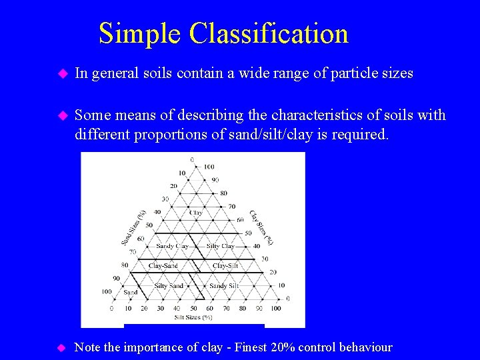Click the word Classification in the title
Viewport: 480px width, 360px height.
tap(268, 33)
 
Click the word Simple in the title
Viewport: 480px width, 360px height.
tap(140, 33)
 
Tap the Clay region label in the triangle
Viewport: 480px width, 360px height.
tap(196, 213)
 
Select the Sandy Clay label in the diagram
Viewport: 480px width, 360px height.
tap(172, 246)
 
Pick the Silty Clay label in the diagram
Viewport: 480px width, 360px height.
tap(221, 246)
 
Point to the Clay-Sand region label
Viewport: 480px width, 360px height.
tap(163, 266)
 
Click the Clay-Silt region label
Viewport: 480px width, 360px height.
tap(225, 266)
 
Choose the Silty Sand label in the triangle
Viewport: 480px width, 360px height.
tap(169, 286)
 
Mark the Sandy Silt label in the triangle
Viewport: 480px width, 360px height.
tap(224, 286)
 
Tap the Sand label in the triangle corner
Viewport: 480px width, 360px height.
tap(131, 292)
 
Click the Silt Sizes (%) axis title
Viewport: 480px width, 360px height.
tap(193, 317)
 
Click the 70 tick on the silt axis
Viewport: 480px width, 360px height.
tap(225, 309)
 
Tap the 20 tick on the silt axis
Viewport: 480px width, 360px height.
tap(144, 309)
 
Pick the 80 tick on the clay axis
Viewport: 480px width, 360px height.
tap(224, 193)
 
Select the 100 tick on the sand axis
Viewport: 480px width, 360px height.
tap(106, 291)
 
